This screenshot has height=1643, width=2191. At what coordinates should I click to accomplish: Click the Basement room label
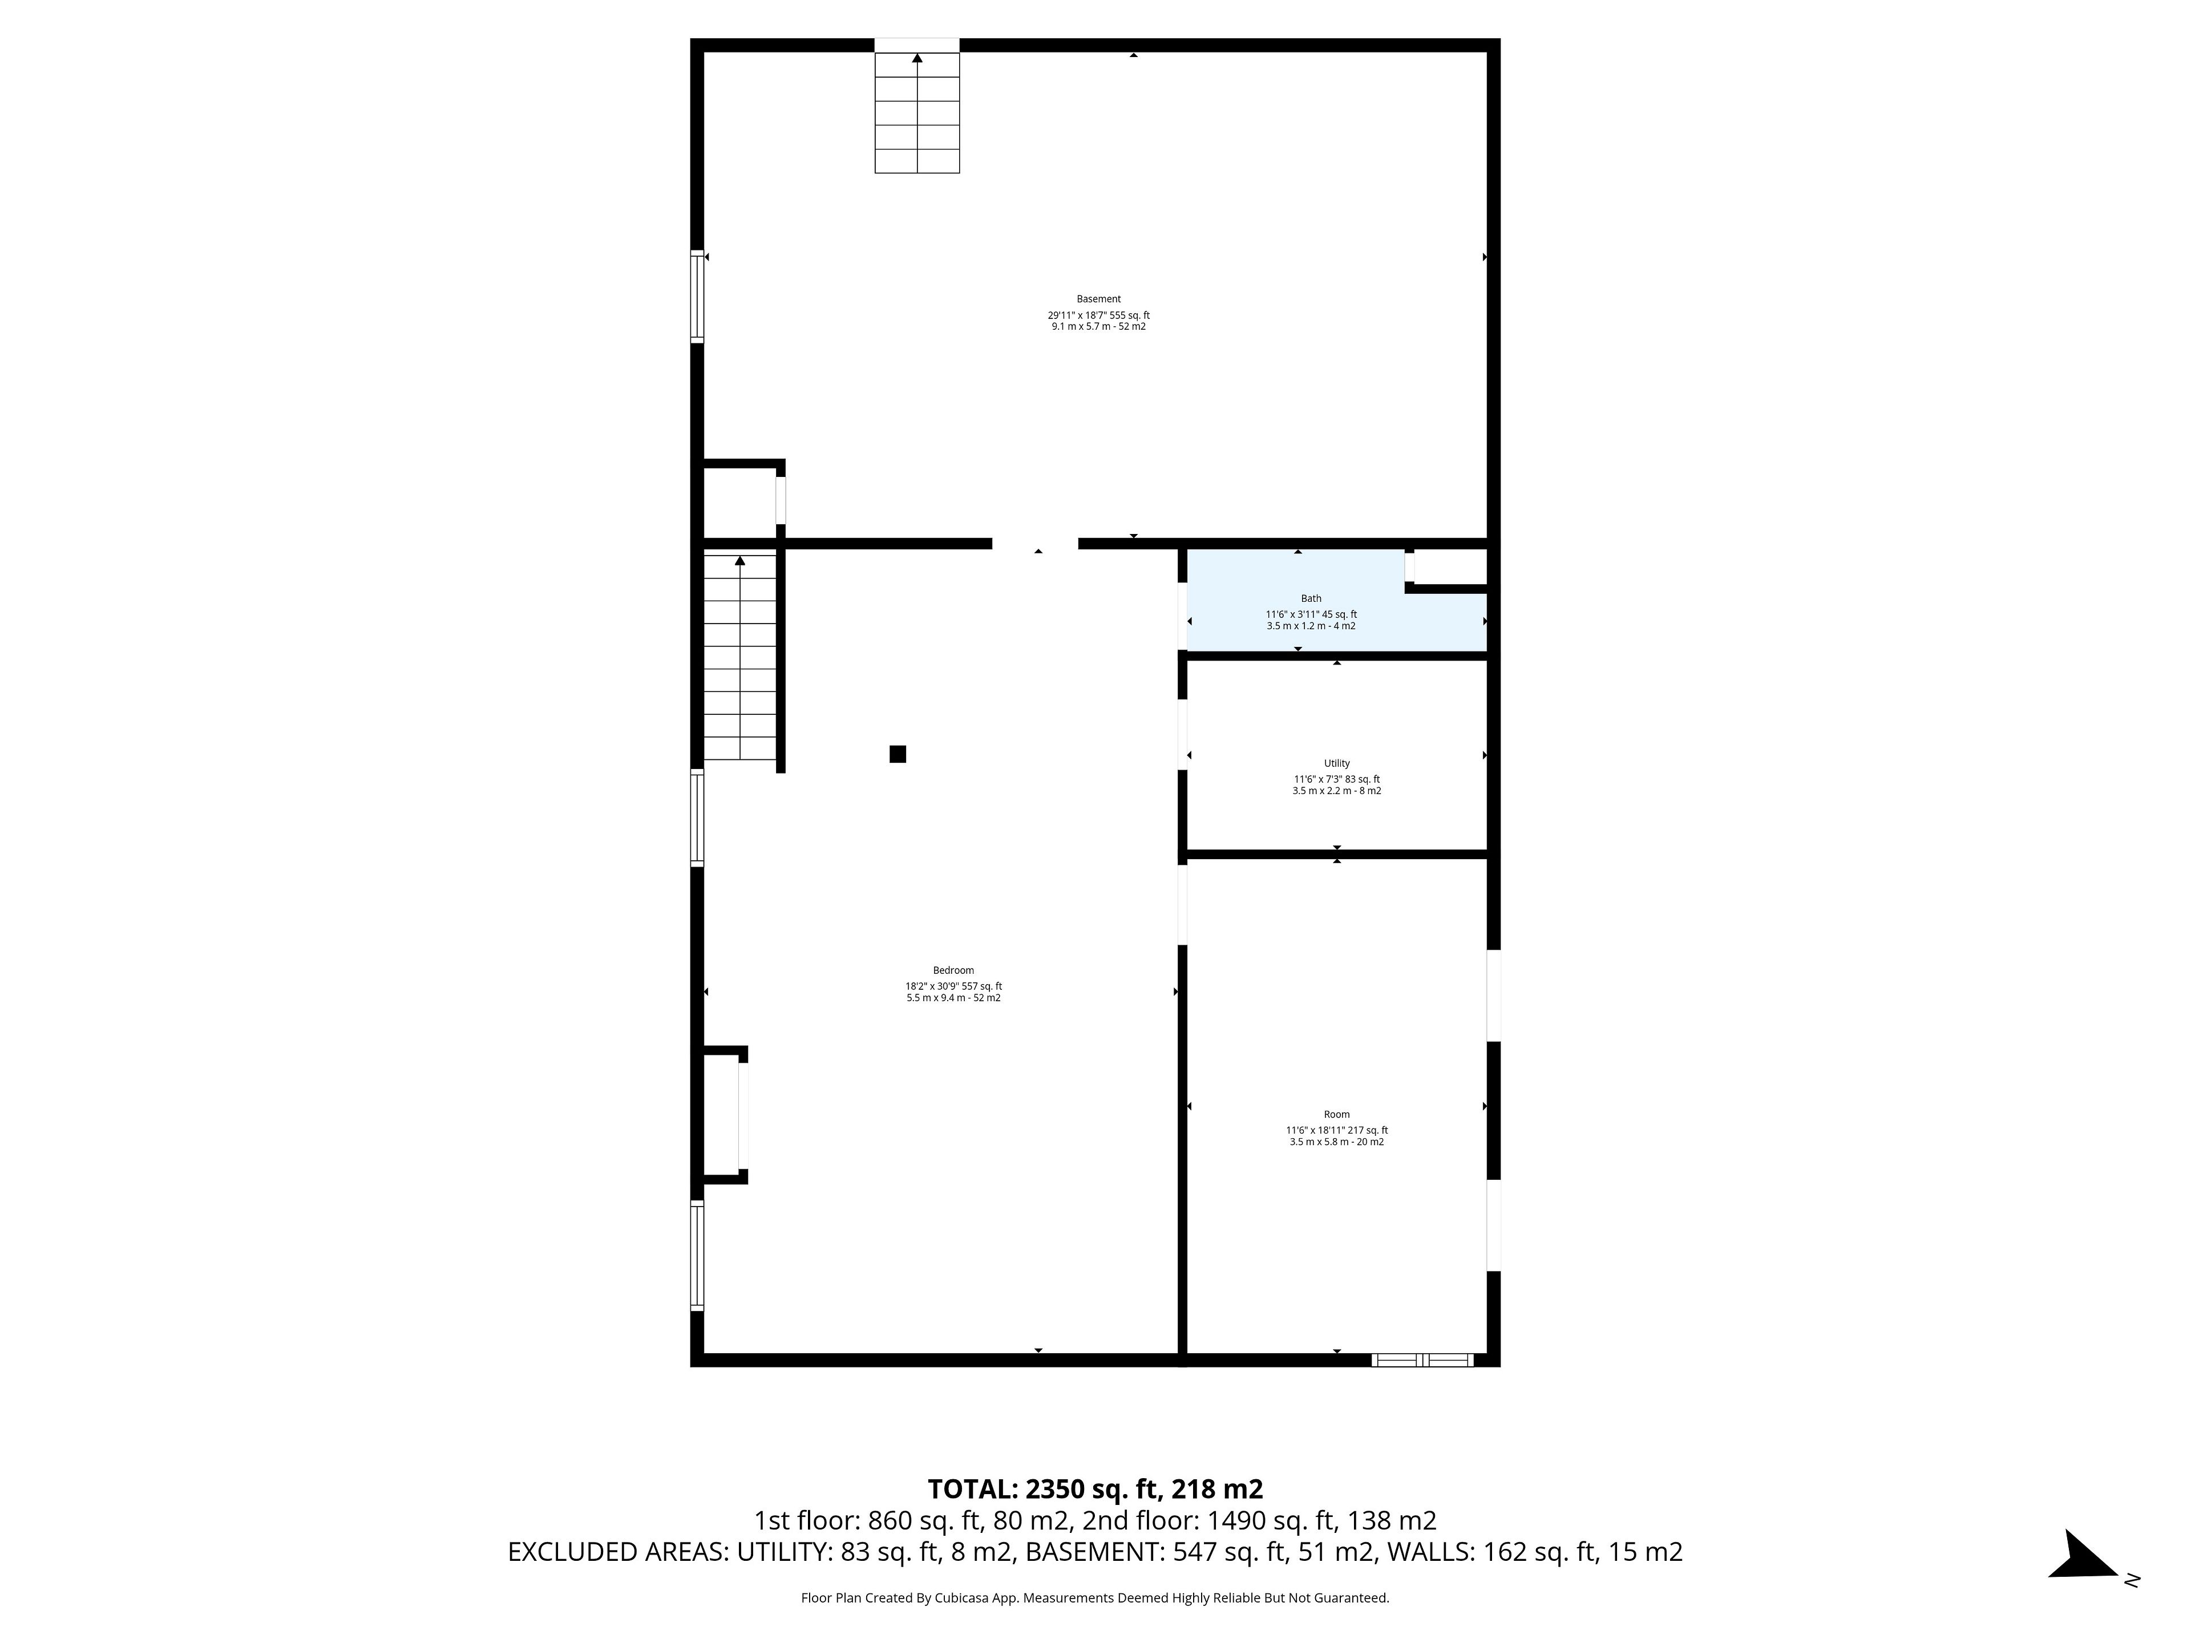[1098, 299]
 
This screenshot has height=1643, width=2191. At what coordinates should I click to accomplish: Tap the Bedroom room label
[953, 970]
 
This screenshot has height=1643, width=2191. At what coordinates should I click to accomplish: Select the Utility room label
[1336, 763]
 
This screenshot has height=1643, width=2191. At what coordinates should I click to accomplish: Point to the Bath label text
[1311, 598]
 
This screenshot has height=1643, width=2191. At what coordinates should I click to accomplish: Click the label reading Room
[1336, 1114]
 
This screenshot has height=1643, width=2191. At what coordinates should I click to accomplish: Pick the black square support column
[898, 754]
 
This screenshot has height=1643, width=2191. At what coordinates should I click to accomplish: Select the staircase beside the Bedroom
[740, 658]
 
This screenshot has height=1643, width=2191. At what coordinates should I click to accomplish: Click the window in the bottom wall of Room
[1422, 1360]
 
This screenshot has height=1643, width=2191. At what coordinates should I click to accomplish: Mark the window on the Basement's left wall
[697, 297]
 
